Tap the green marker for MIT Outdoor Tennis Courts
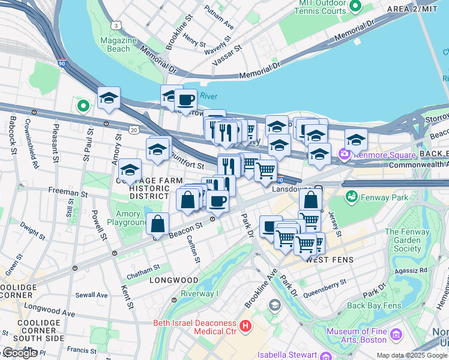(355, 7)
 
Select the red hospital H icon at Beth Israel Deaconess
(245, 326)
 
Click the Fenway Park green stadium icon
(351, 197)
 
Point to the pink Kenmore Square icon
(345, 155)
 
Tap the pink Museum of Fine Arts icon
(395, 333)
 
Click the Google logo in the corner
(20, 353)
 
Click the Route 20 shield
(133, 130)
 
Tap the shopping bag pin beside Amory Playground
(157, 224)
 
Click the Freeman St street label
(68, 193)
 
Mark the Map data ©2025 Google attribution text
(412, 355)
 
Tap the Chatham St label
(143, 271)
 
